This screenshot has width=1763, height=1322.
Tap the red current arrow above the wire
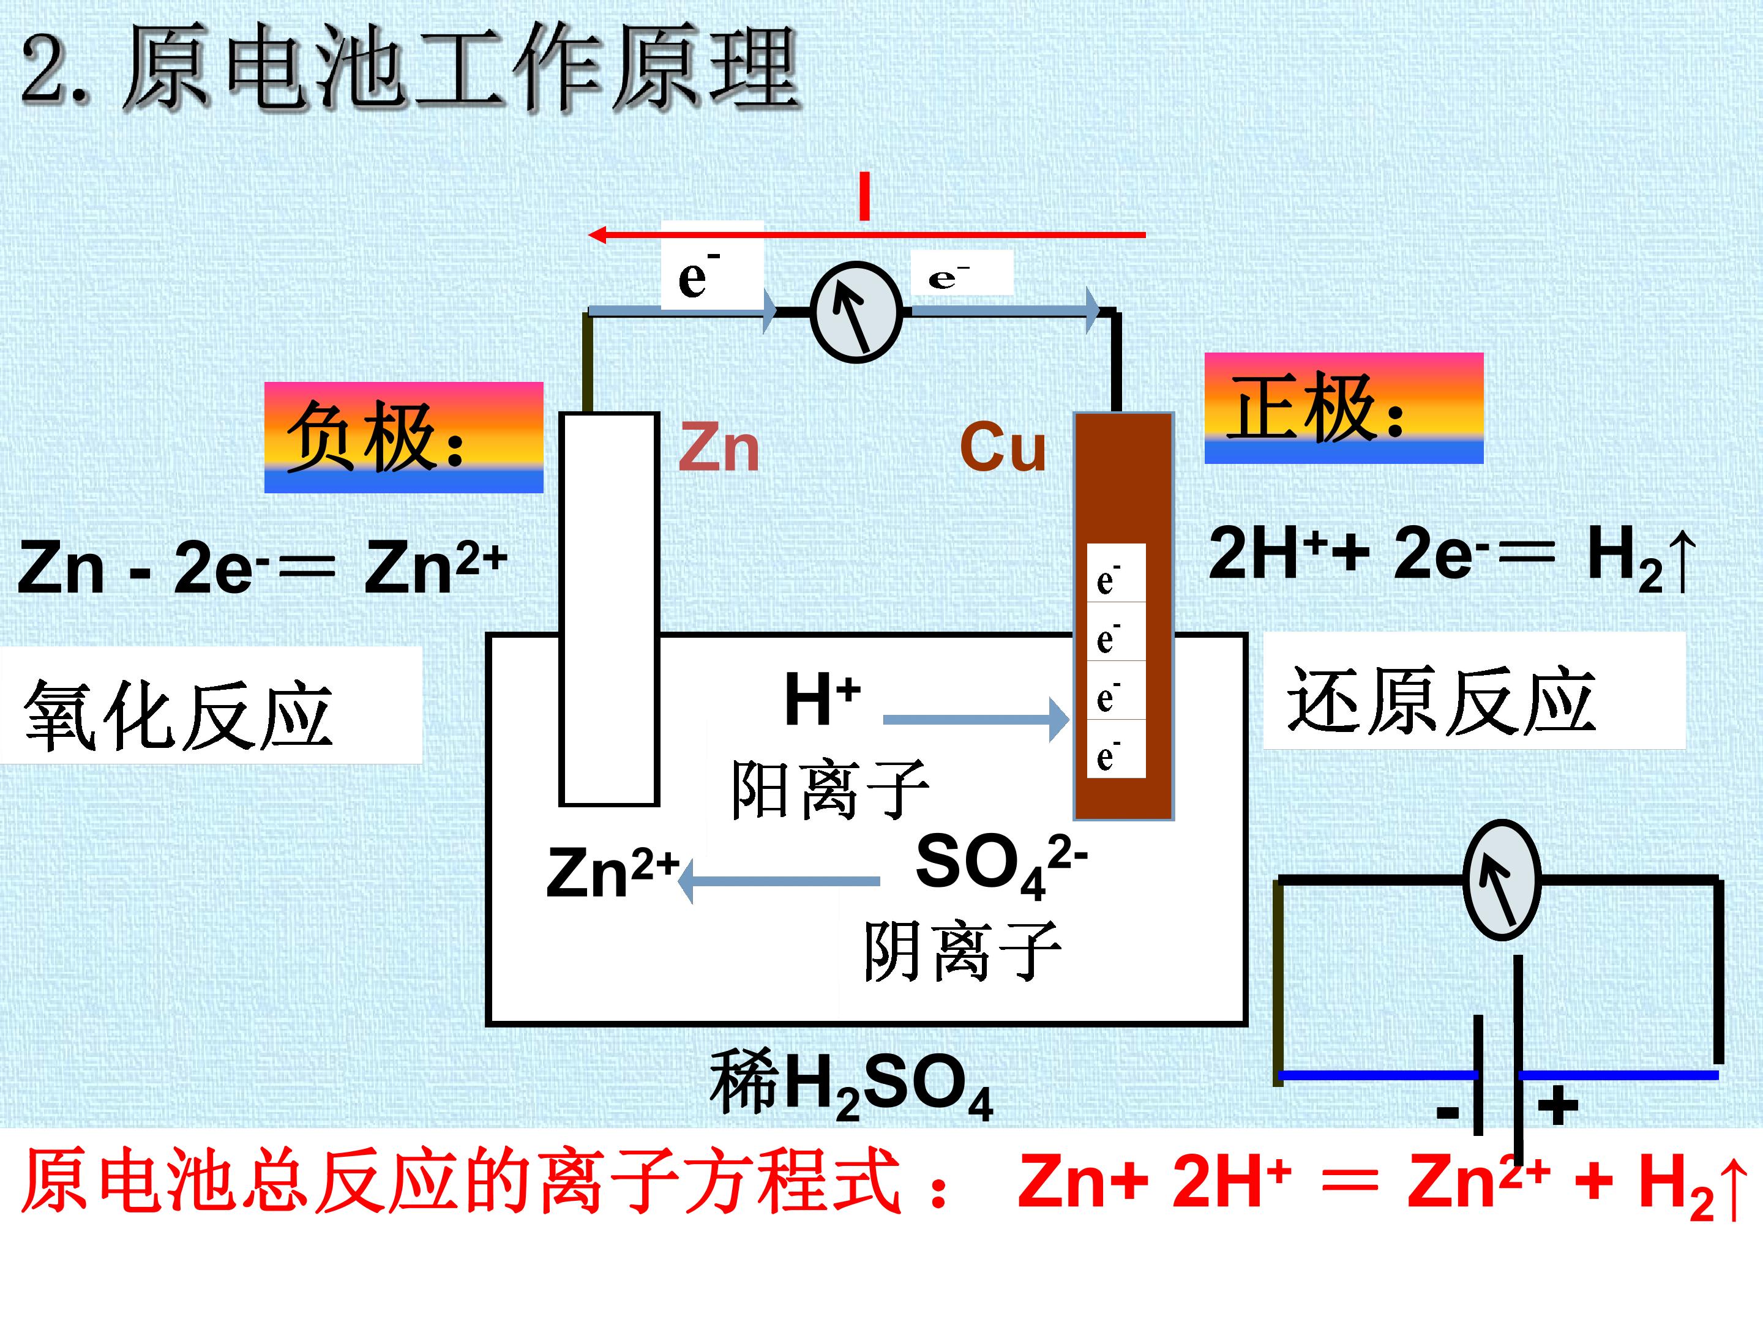coord(866,234)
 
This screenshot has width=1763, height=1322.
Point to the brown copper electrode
coord(1124,616)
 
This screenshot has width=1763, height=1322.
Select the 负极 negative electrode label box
coord(404,438)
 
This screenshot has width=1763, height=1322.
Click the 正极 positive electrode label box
coord(1344,408)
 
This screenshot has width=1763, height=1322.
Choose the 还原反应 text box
coord(1475,691)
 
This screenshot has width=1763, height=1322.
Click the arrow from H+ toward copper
coord(976,720)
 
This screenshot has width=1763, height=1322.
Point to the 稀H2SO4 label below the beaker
coord(852,1085)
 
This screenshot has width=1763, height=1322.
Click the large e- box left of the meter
coord(713,266)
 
